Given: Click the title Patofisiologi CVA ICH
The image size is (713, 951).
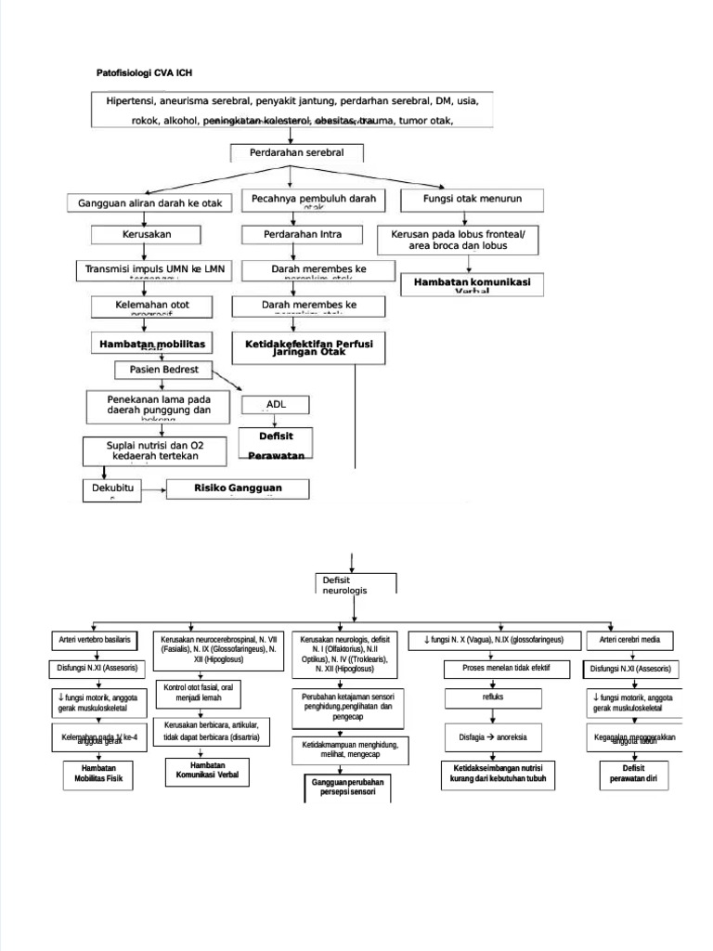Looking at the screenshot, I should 145,72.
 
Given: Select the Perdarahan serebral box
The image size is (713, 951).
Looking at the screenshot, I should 296,152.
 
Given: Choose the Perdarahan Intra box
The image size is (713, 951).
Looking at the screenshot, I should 292,235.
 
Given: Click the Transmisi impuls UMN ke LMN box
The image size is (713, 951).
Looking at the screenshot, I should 155,269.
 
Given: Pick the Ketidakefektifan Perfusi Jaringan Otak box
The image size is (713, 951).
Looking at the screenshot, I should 309,347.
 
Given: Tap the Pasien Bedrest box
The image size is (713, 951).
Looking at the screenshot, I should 163,371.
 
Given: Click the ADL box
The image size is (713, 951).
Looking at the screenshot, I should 276,404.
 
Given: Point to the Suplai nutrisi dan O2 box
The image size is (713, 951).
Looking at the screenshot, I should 154,451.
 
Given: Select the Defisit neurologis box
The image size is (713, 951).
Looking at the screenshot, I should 356,584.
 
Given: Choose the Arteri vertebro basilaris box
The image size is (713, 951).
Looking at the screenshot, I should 92,641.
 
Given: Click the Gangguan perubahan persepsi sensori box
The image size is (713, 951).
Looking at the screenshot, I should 348,788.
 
